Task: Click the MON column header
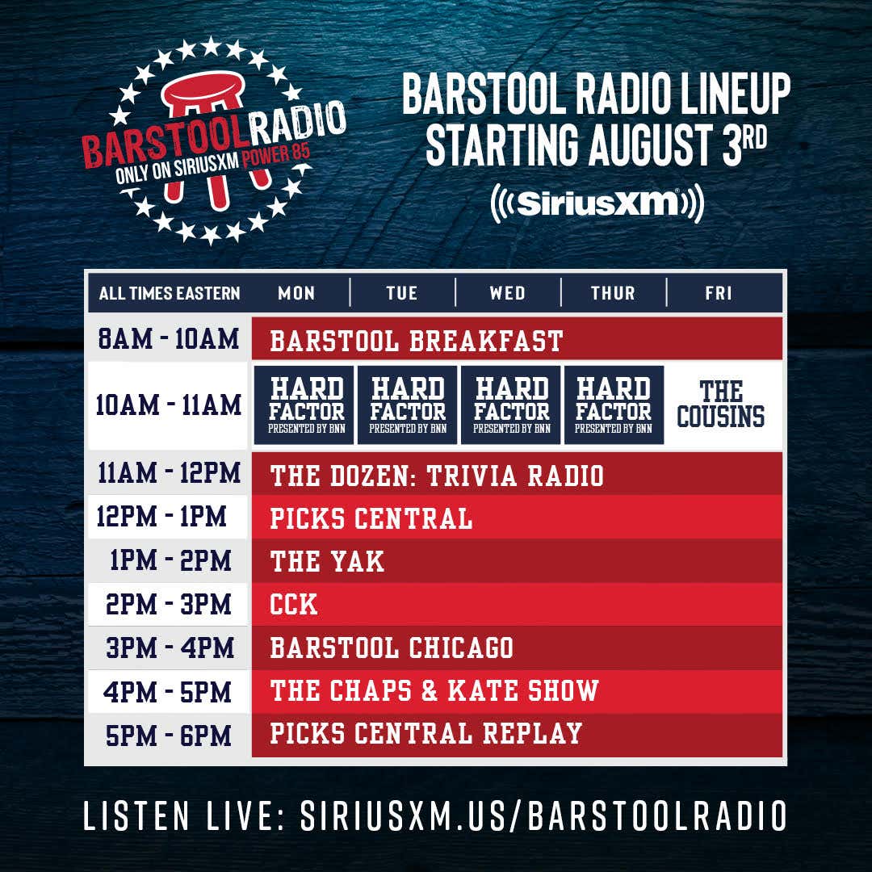[296, 293]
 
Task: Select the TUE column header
[401, 293]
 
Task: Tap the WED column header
[507, 293]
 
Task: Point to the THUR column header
[613, 293]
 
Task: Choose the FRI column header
[719, 293]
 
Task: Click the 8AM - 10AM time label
[168, 338]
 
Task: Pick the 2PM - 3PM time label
[168, 604]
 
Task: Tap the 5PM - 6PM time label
[168, 736]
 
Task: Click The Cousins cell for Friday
[721, 405]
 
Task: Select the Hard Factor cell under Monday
[304, 405]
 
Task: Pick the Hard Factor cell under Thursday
[614, 405]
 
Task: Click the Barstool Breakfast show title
[417, 341]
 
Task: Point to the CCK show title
[294, 604]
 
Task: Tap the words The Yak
[327, 561]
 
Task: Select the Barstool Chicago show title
[392, 648]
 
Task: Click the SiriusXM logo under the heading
[597, 203]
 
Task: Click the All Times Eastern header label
[169, 293]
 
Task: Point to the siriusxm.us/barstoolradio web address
[543, 815]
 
